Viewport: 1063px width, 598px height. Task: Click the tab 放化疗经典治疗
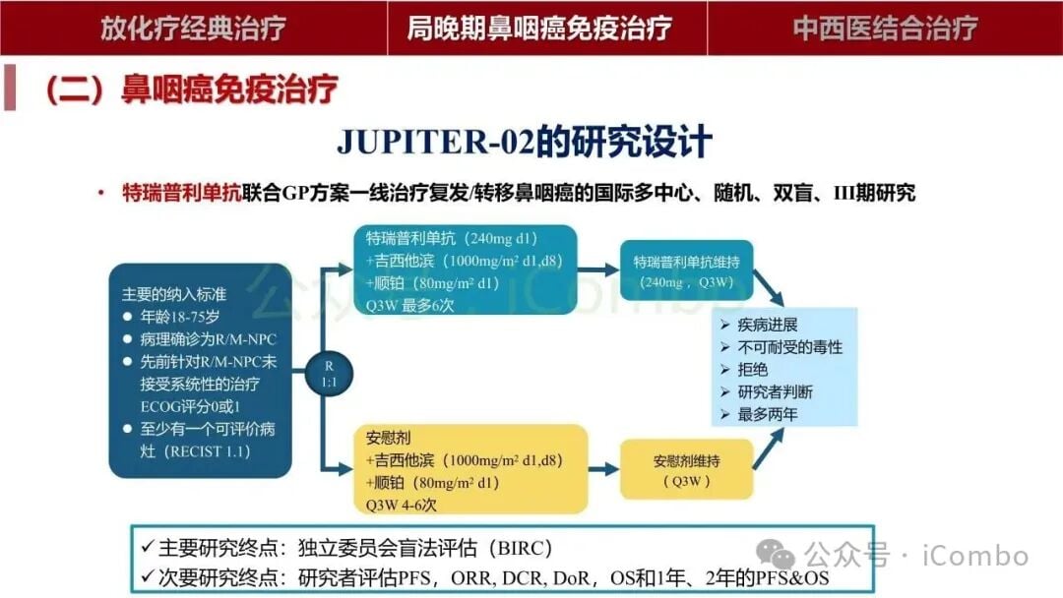point(193,28)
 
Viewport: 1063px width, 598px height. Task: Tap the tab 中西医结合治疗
point(885,28)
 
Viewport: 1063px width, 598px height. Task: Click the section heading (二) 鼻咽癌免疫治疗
point(191,90)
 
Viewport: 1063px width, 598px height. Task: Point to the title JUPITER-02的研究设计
point(524,142)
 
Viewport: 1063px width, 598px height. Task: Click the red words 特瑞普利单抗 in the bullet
point(181,193)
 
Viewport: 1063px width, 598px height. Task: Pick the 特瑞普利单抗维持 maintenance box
point(686,270)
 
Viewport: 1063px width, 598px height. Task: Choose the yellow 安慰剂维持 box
point(686,469)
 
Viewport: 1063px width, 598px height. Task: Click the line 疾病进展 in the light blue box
point(768,326)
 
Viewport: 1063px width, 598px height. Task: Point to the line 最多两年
point(768,414)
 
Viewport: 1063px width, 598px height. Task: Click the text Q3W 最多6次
point(409,305)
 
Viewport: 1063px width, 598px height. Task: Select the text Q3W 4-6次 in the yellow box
point(401,505)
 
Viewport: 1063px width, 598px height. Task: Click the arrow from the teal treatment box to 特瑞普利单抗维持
point(594,269)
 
